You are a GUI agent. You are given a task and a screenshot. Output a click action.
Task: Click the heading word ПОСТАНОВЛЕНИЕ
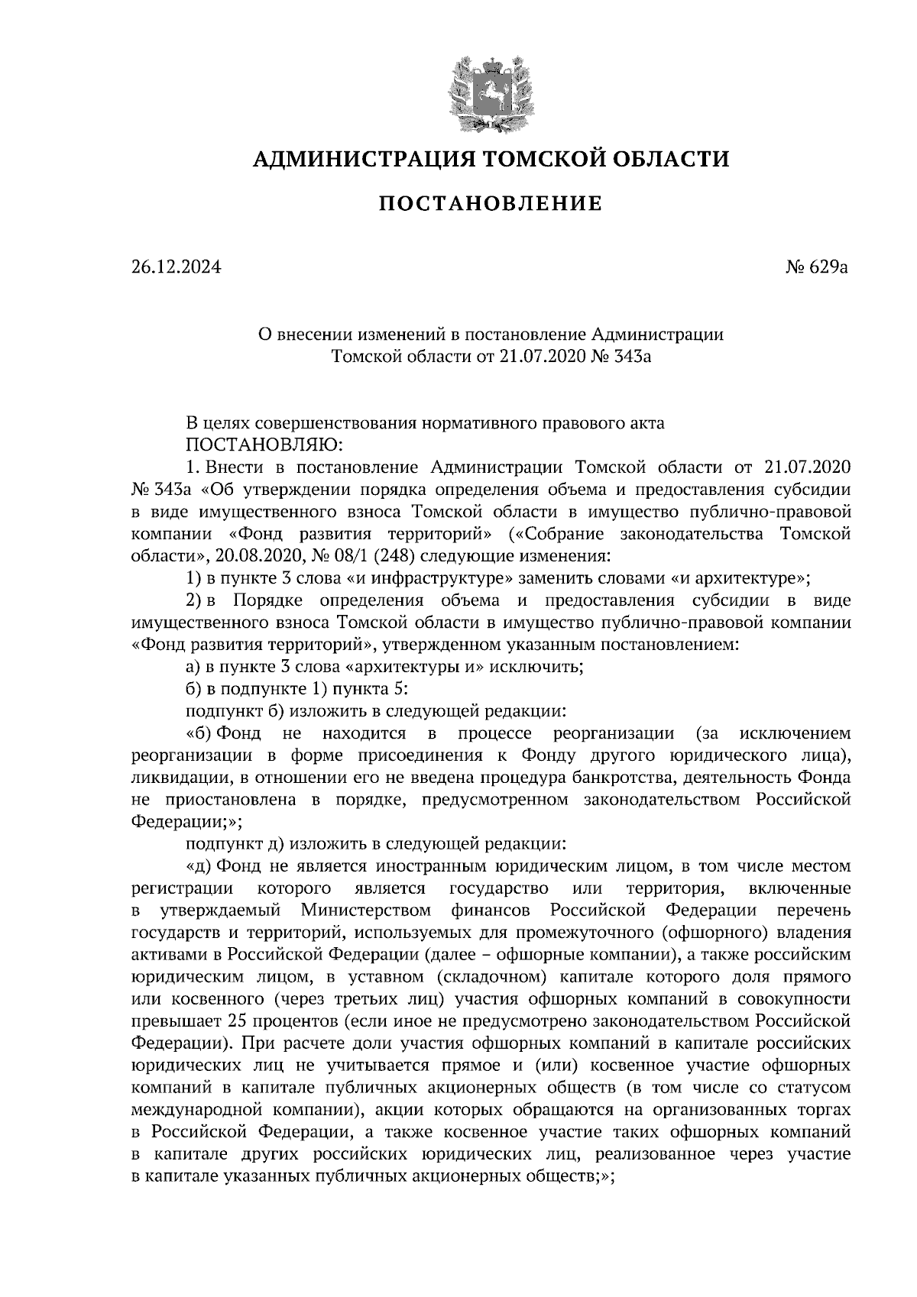coord(491,204)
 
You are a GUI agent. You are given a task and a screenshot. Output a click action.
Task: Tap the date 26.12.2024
coord(176,267)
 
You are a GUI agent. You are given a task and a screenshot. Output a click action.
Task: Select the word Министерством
coord(366,910)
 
